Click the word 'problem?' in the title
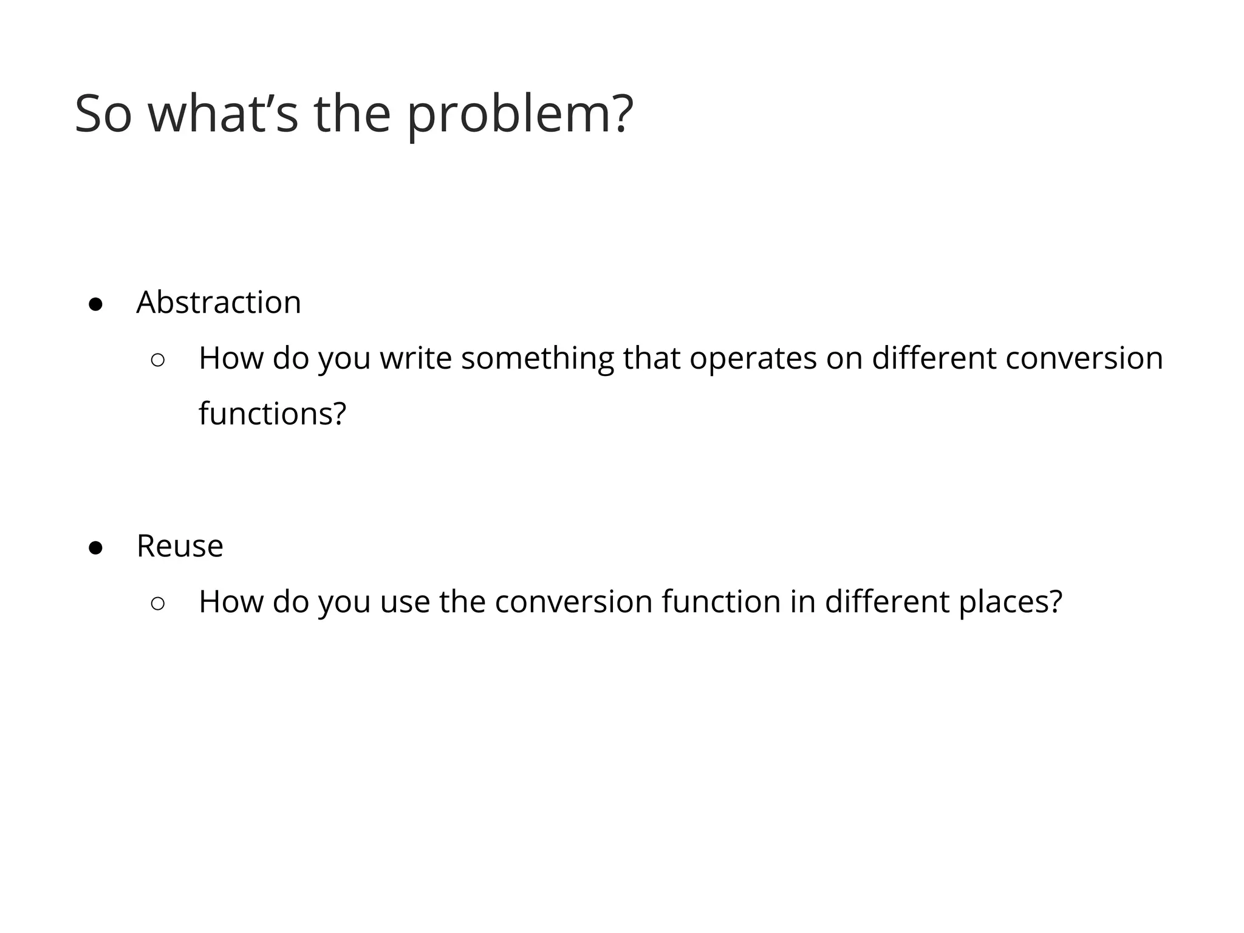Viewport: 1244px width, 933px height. tap(520, 115)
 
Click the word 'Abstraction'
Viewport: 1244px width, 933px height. tap(219, 302)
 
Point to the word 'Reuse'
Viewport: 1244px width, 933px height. tap(180, 546)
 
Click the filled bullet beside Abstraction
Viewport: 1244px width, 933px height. tap(95, 304)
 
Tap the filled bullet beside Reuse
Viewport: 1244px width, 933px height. tap(95, 548)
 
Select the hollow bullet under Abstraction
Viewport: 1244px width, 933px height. tap(157, 360)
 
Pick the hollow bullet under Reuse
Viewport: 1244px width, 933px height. tap(157, 603)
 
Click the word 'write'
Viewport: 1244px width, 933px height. tap(415, 358)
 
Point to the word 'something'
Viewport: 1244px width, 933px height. tap(537, 358)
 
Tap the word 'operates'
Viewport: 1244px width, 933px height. tap(753, 358)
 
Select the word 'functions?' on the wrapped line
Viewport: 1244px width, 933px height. tap(272, 414)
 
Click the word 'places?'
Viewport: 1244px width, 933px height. tap(1010, 602)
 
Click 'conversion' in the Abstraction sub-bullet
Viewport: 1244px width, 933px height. tap(1084, 358)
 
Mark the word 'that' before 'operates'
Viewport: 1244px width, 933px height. tap(651, 358)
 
